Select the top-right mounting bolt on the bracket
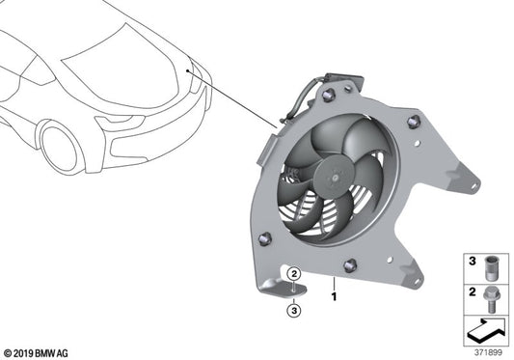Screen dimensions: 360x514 tap(414, 122)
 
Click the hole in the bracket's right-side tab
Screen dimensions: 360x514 tap(470, 180)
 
